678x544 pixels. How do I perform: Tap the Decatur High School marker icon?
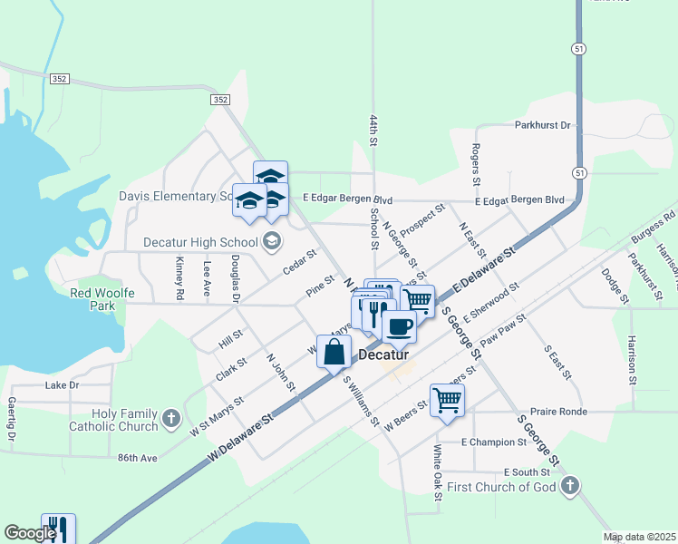coord(271,241)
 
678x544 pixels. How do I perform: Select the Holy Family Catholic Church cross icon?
coord(171,419)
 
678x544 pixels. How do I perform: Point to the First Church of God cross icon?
coord(568,487)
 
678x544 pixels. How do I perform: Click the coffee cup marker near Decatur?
coord(399,327)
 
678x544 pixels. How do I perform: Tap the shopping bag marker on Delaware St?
coord(334,352)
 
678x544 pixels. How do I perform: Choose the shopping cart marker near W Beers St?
coord(448,400)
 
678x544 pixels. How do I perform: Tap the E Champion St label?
coord(493,442)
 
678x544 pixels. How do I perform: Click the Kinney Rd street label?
coord(179,278)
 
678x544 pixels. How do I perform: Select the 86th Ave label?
coord(137,458)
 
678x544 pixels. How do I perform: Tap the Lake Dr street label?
coord(62,385)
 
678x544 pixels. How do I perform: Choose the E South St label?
coord(527,472)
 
